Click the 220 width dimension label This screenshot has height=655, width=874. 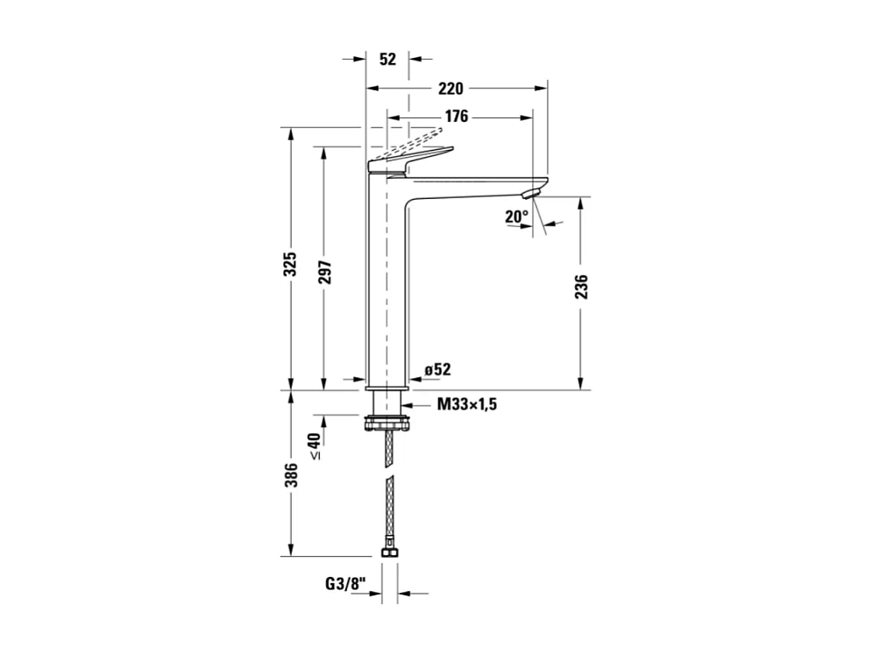coord(451,89)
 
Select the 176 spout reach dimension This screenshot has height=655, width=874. coord(456,117)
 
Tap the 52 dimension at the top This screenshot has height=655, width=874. coord(388,60)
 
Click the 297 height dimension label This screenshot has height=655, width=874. coord(324,274)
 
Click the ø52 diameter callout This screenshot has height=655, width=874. coord(437,369)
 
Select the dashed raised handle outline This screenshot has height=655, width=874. coord(412,140)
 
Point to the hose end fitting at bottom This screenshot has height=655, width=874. coord(387,553)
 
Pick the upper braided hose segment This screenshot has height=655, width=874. coord(387,449)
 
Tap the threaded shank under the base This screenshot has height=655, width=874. coord(387,404)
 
